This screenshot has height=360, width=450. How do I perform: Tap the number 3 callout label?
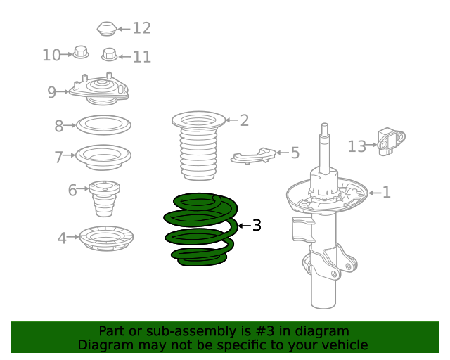257,226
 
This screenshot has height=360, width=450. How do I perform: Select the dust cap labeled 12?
107,29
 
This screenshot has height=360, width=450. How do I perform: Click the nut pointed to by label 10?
81,52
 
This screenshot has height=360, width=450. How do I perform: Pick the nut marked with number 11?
110,55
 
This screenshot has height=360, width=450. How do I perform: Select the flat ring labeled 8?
103,125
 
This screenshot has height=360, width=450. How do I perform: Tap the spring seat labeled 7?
103,157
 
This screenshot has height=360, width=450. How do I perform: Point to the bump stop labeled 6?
104,199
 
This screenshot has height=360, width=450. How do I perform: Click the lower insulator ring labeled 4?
106,238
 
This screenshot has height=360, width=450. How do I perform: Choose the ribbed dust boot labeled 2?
198,146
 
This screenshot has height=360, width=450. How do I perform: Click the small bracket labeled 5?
253,156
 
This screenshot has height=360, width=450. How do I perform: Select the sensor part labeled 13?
391,142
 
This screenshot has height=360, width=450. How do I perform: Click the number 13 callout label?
356,146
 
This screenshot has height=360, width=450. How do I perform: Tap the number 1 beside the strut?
387,192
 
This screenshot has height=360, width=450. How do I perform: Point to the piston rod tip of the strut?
325,126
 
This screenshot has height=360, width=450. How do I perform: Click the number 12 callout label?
142,28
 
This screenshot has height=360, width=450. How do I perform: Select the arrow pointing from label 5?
283,153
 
